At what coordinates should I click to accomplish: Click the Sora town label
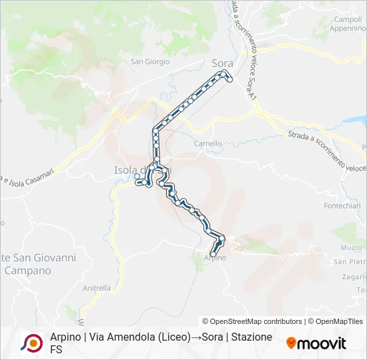tap(222, 63)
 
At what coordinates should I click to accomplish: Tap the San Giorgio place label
tap(149, 62)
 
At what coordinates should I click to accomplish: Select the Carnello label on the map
tap(208, 143)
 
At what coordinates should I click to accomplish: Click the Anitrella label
tap(97, 288)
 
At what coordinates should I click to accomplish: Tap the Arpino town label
tap(215, 258)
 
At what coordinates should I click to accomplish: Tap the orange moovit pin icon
tap(291, 343)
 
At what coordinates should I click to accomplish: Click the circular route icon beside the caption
tap(31, 343)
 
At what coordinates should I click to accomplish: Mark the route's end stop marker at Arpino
tap(214, 254)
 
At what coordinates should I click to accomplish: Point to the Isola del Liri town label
tap(137, 170)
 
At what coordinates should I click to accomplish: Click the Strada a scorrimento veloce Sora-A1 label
tap(245, 47)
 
